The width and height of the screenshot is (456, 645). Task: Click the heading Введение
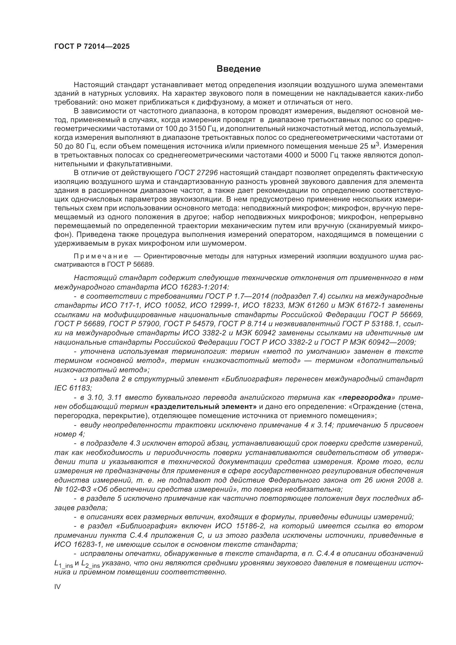coord(238,69)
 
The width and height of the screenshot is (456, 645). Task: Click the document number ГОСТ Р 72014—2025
coord(92,47)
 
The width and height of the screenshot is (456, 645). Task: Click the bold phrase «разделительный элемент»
coord(203,406)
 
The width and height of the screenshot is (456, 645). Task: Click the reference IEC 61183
coord(73,388)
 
